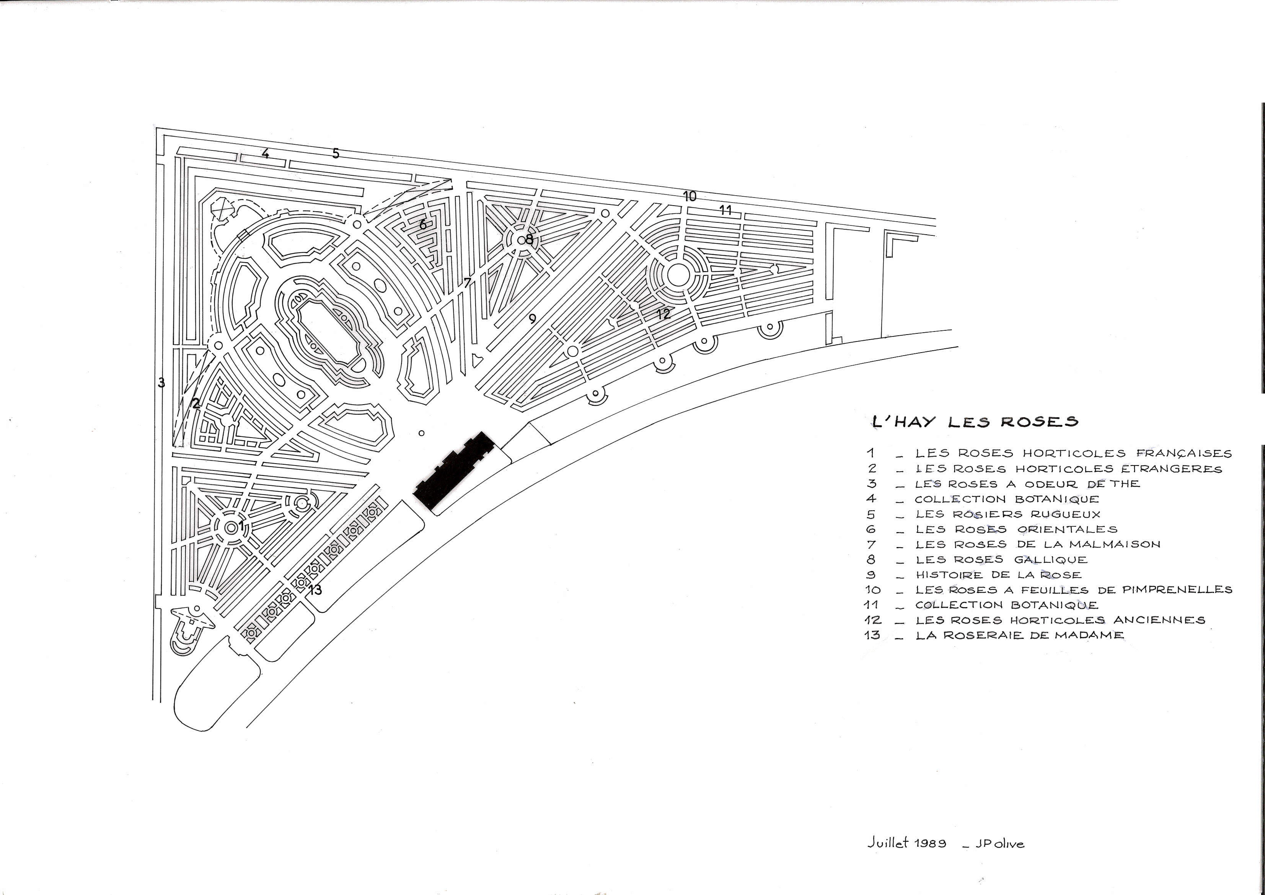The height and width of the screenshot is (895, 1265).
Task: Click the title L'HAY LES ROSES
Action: (x=975, y=421)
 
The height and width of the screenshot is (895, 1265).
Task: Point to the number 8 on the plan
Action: (x=529, y=239)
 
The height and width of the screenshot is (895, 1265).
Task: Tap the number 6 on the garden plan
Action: (x=422, y=224)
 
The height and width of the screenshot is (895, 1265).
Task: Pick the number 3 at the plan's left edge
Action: (x=161, y=382)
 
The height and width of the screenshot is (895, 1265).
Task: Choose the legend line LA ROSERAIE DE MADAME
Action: (x=1019, y=635)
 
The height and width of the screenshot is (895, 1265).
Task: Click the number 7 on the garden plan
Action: (x=467, y=283)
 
